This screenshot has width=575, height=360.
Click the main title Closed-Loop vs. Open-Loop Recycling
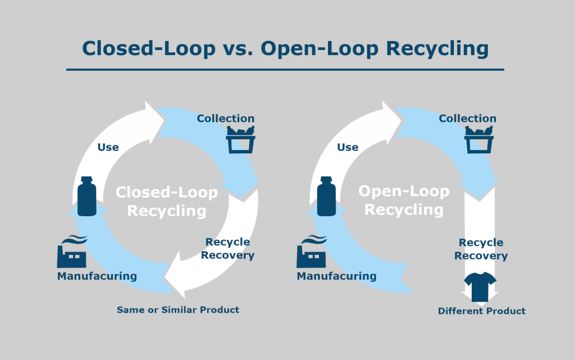click(x=285, y=48)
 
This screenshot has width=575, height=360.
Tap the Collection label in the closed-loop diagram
click(x=225, y=119)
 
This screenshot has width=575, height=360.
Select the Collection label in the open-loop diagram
click(x=467, y=119)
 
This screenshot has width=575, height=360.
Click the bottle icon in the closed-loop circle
click(x=86, y=196)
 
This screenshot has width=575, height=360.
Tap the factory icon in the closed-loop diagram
click(x=72, y=252)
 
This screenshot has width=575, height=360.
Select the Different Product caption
click(x=482, y=311)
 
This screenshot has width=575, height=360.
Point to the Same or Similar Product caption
click(x=178, y=310)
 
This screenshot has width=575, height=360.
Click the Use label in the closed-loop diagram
click(x=108, y=147)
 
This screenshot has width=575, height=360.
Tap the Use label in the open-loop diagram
click(x=348, y=147)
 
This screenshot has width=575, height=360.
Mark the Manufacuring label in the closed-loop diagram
click(x=97, y=276)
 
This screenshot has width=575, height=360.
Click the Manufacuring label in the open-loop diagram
click(x=336, y=276)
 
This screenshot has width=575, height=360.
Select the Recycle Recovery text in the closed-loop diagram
click(x=227, y=249)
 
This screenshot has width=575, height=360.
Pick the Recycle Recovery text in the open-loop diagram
click(x=481, y=249)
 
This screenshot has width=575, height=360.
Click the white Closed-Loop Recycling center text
click(x=167, y=202)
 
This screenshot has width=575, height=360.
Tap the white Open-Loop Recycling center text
click(x=404, y=200)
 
